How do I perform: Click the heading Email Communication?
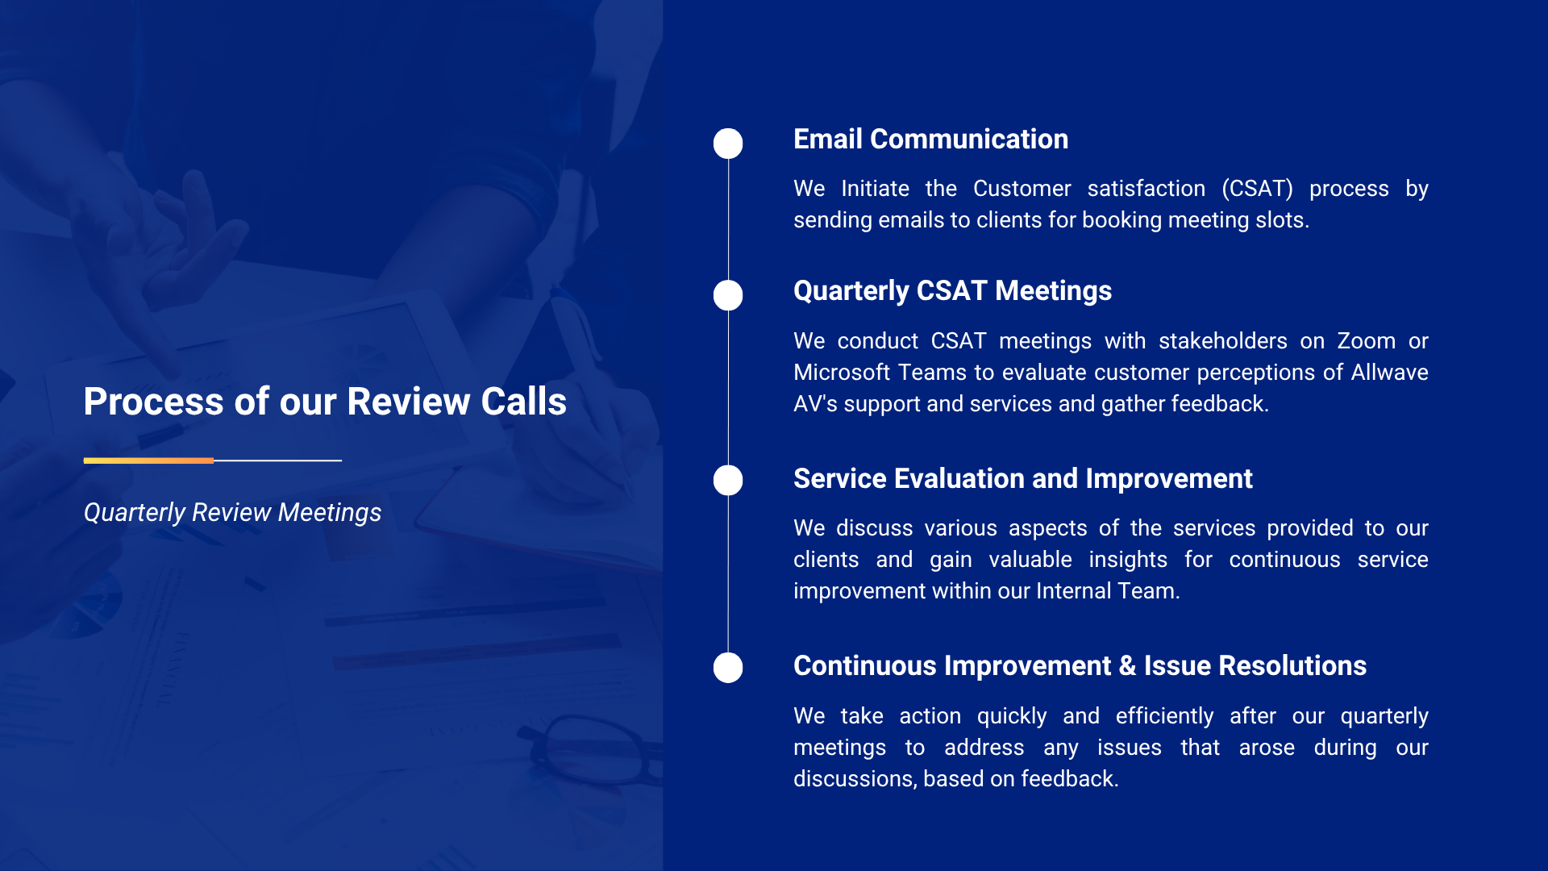930,140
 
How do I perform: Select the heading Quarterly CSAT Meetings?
952,291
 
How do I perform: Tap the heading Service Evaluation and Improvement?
1022,479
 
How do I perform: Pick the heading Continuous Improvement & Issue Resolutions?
1080,666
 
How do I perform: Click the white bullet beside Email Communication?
728,144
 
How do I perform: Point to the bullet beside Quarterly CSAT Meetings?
728,295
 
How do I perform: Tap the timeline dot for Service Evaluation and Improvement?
728,480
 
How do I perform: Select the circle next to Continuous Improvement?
728,668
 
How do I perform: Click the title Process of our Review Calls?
325,402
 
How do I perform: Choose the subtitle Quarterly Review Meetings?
232,513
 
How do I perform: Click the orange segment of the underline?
148,461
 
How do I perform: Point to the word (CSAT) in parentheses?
1257,189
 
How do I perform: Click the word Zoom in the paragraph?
1366,341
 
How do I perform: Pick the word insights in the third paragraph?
1127,561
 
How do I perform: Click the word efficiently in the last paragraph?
1164,717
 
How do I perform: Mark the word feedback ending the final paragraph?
1070,779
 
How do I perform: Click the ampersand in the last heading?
1127,666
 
